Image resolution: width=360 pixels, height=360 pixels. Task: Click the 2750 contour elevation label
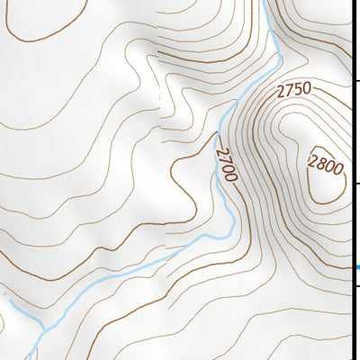pos(293,89)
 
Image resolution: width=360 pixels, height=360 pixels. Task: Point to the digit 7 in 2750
pos(289,89)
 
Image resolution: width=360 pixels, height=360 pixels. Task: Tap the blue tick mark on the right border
pos(356,266)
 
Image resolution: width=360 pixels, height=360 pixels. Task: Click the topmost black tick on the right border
pos(356,82)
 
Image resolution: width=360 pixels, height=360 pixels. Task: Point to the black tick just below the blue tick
pos(356,286)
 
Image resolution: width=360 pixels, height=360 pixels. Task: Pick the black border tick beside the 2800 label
pos(356,184)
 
